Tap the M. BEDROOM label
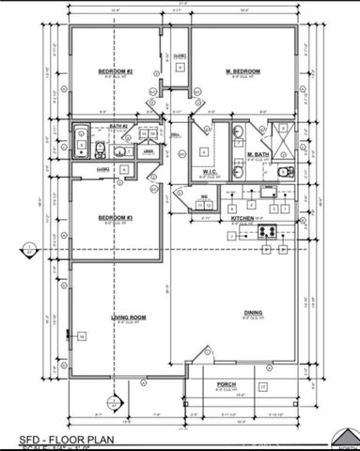click(x=243, y=71)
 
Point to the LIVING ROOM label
click(x=127, y=319)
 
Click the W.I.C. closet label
click(x=211, y=172)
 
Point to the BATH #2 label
click(x=117, y=126)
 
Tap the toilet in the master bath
click(x=286, y=171)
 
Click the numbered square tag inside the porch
click(x=264, y=386)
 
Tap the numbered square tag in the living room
click(x=82, y=336)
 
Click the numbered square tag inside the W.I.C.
click(x=203, y=150)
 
